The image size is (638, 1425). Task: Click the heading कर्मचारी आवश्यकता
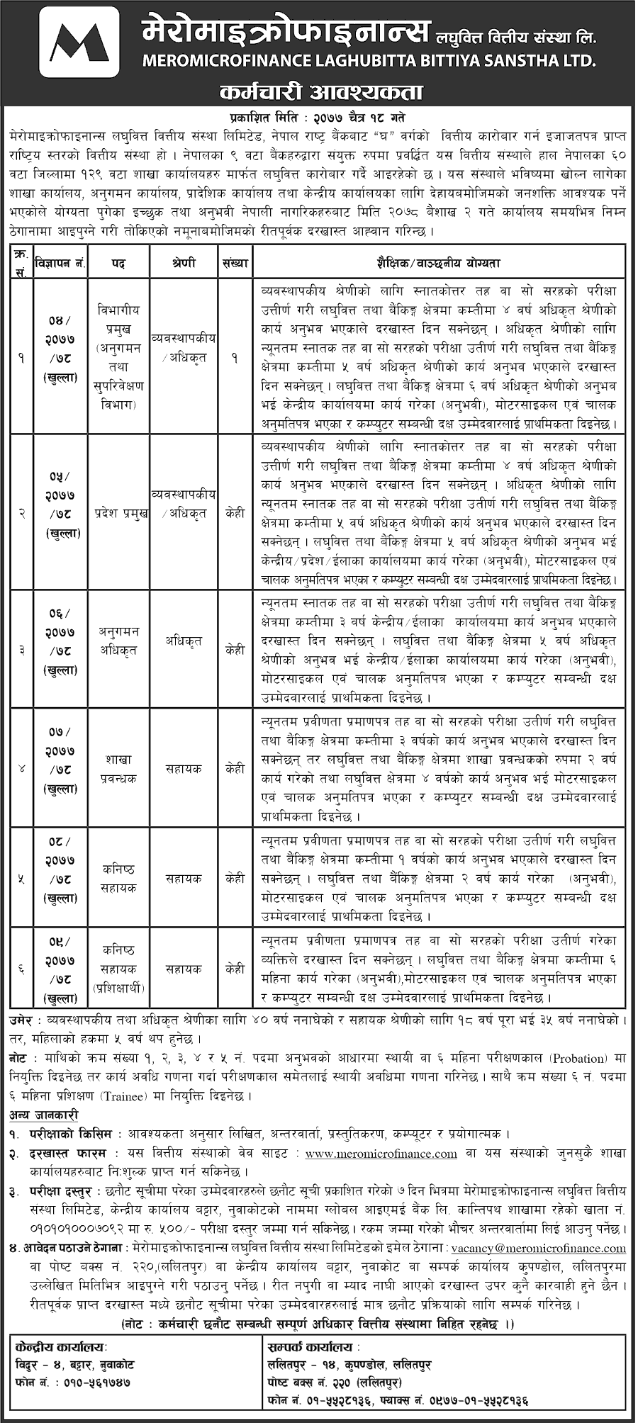tap(321, 92)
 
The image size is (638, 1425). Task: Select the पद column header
tap(118, 263)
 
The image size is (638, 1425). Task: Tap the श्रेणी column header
tap(184, 263)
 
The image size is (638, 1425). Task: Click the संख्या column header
tap(235, 263)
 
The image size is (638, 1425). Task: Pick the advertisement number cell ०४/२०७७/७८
tap(61, 349)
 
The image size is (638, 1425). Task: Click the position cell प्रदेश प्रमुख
tap(118, 514)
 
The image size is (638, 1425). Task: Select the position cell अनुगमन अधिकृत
tap(118, 641)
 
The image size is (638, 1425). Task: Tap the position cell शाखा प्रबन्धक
tap(118, 769)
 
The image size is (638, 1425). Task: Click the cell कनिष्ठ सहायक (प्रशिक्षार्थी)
tap(118, 969)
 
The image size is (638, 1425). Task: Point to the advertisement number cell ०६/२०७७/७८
tap(61, 641)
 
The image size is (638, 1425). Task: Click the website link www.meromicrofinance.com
tap(381, 1154)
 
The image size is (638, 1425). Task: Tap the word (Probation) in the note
tap(572, 1059)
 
